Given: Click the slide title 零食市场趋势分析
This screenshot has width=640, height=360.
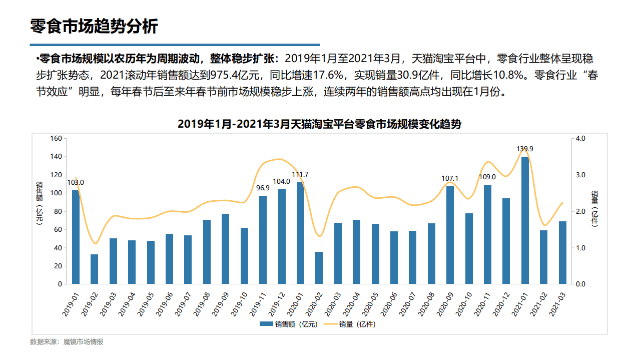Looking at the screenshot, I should pyautogui.click(x=94, y=26).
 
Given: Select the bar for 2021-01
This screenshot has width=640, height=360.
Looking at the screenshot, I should pyautogui.click(x=525, y=220).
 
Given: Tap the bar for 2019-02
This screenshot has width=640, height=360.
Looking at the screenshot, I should pyautogui.click(x=94, y=269).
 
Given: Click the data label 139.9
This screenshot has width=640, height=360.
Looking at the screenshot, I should pyautogui.click(x=525, y=149).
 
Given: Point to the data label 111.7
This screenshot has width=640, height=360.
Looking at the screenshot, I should pyautogui.click(x=300, y=174).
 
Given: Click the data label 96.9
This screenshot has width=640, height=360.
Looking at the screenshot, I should pyautogui.click(x=263, y=188).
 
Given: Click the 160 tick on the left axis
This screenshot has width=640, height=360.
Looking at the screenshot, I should pyautogui.click(x=56, y=138).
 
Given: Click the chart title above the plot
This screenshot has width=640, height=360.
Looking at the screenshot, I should pyautogui.click(x=319, y=124).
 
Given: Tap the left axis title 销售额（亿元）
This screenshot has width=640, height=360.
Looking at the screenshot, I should pyautogui.click(x=39, y=203).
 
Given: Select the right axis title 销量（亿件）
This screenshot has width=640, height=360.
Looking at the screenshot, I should pyautogui.click(x=594, y=208).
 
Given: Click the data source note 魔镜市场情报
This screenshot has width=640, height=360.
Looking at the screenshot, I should pyautogui.click(x=83, y=342).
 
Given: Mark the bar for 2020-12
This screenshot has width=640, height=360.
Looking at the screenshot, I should pyautogui.click(x=506, y=241).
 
